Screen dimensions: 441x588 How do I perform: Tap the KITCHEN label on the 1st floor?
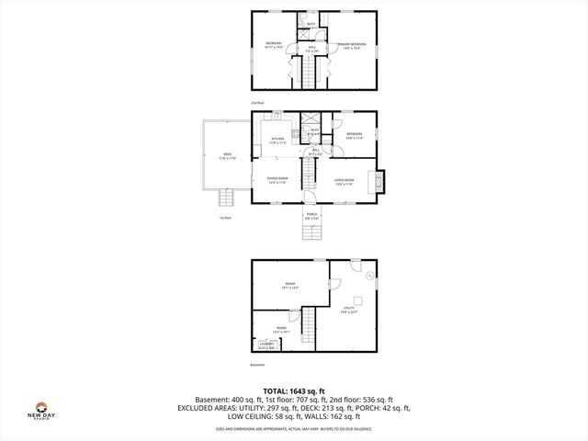click(x=277, y=141)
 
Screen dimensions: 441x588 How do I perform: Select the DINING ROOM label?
click(x=277, y=181)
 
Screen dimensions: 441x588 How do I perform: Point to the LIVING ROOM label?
click(x=345, y=181)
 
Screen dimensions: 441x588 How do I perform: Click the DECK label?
click(x=227, y=156)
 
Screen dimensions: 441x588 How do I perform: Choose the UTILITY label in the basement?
click(x=349, y=309)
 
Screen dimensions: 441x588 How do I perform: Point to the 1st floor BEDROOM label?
click(x=354, y=135)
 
